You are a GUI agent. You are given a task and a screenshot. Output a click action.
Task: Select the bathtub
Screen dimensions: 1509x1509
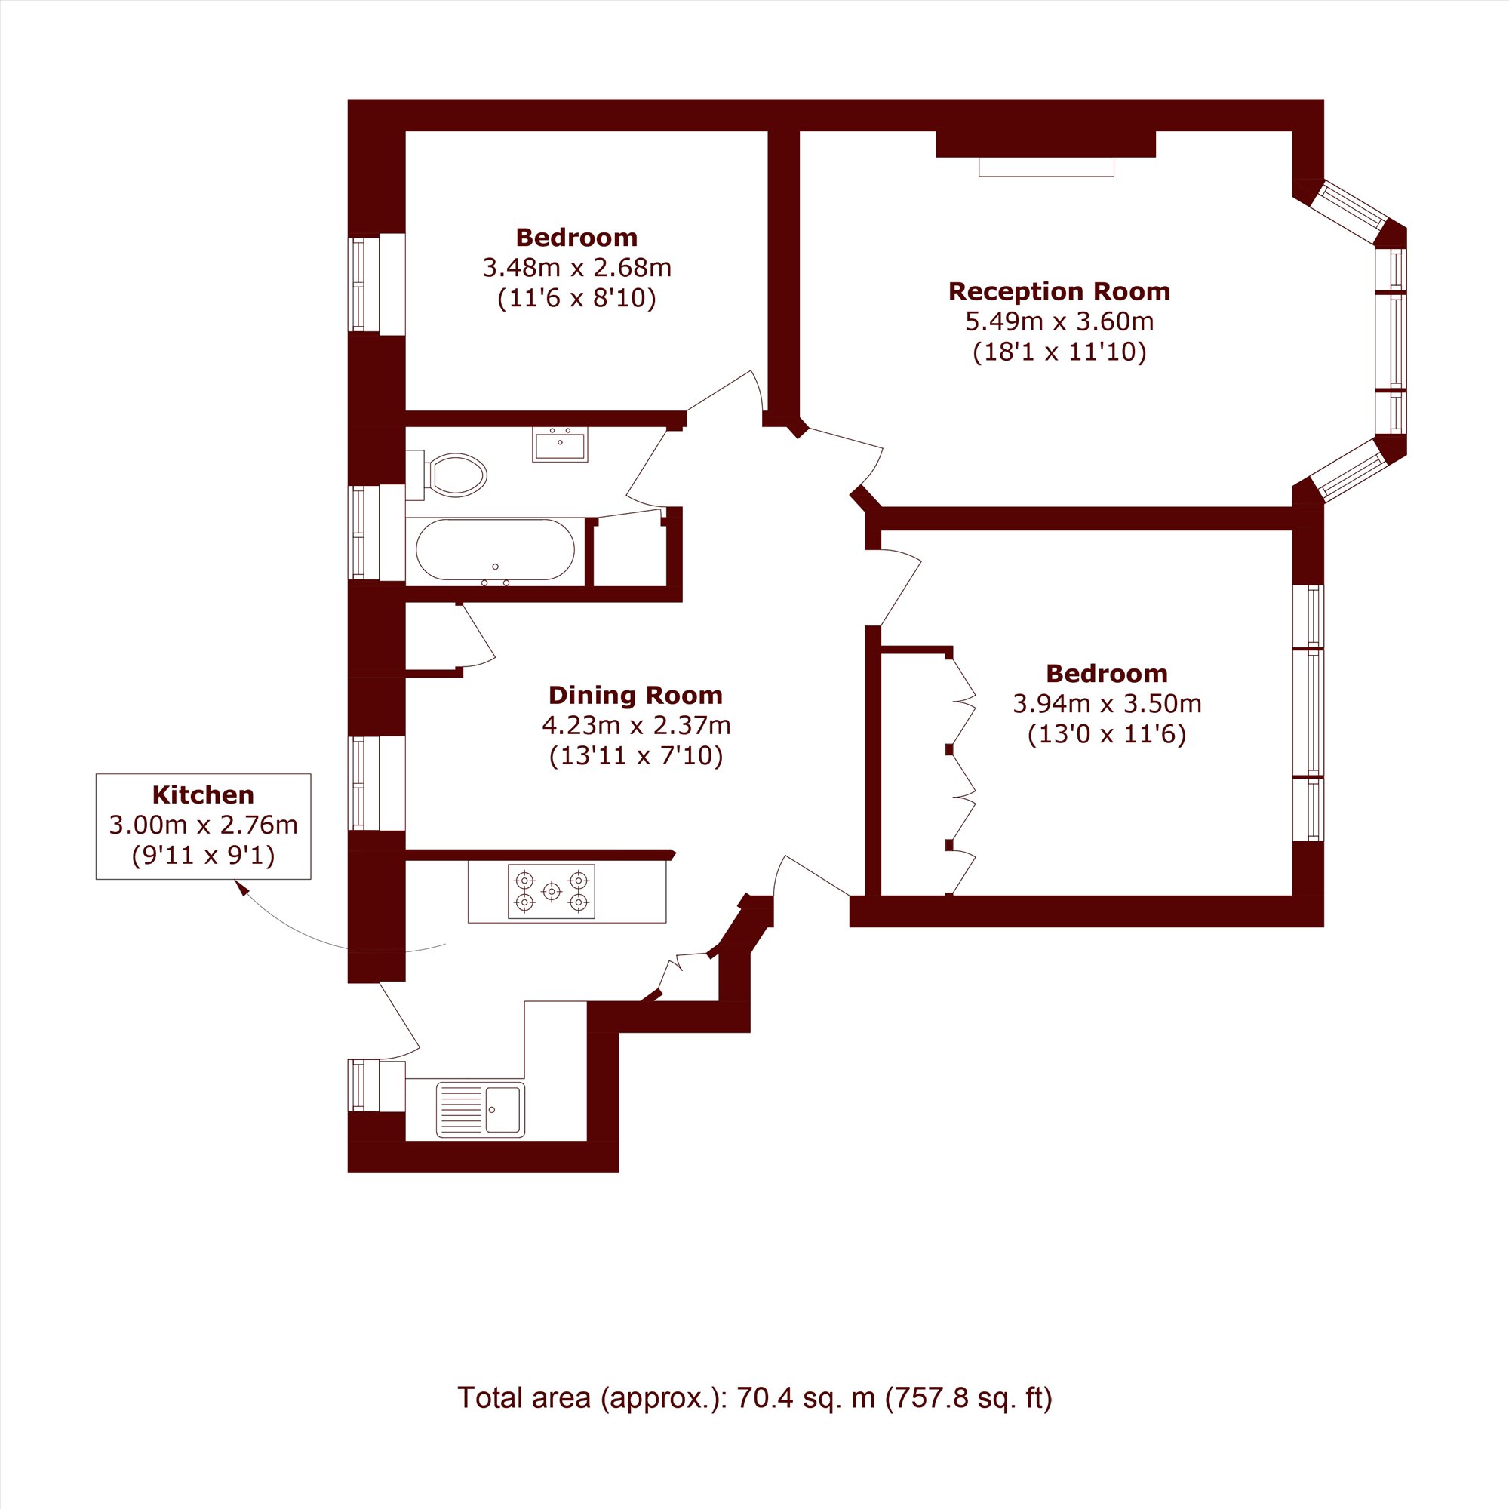pyautogui.click(x=495, y=550)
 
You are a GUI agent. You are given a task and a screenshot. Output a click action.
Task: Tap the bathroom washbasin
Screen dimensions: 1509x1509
pyautogui.click(x=560, y=444)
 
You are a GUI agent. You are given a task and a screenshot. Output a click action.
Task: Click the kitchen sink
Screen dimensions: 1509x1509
pyautogui.click(x=481, y=1109)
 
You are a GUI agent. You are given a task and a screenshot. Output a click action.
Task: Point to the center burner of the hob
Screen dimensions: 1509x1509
pyautogui.click(x=552, y=891)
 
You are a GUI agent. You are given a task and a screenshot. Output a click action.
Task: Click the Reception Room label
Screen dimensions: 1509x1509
pyautogui.click(x=1059, y=291)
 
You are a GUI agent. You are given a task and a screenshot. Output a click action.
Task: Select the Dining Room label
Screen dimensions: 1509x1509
pyautogui.click(x=635, y=695)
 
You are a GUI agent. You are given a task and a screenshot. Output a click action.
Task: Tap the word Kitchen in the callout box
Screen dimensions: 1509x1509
pyautogui.click(x=203, y=794)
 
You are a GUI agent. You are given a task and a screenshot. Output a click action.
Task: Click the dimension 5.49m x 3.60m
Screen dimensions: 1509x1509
pyautogui.click(x=1059, y=321)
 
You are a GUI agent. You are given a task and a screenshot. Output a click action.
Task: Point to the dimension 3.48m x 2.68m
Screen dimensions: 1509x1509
pyautogui.click(x=576, y=268)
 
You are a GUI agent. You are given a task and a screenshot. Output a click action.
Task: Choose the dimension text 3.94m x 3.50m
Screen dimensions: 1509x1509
pyautogui.click(x=1107, y=704)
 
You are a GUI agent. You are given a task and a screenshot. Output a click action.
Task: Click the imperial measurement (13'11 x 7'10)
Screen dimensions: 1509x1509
pyautogui.click(x=636, y=756)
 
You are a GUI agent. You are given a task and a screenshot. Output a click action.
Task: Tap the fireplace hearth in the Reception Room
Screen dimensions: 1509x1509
pyautogui.click(x=1046, y=166)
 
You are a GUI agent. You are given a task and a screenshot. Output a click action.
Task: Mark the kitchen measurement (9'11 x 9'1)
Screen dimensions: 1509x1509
pyautogui.click(x=203, y=856)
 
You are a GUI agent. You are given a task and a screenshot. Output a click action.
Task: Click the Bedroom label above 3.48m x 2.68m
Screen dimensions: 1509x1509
pyautogui.click(x=576, y=238)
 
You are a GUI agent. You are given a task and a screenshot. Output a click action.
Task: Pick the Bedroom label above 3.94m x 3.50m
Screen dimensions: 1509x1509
pyautogui.click(x=1107, y=673)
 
